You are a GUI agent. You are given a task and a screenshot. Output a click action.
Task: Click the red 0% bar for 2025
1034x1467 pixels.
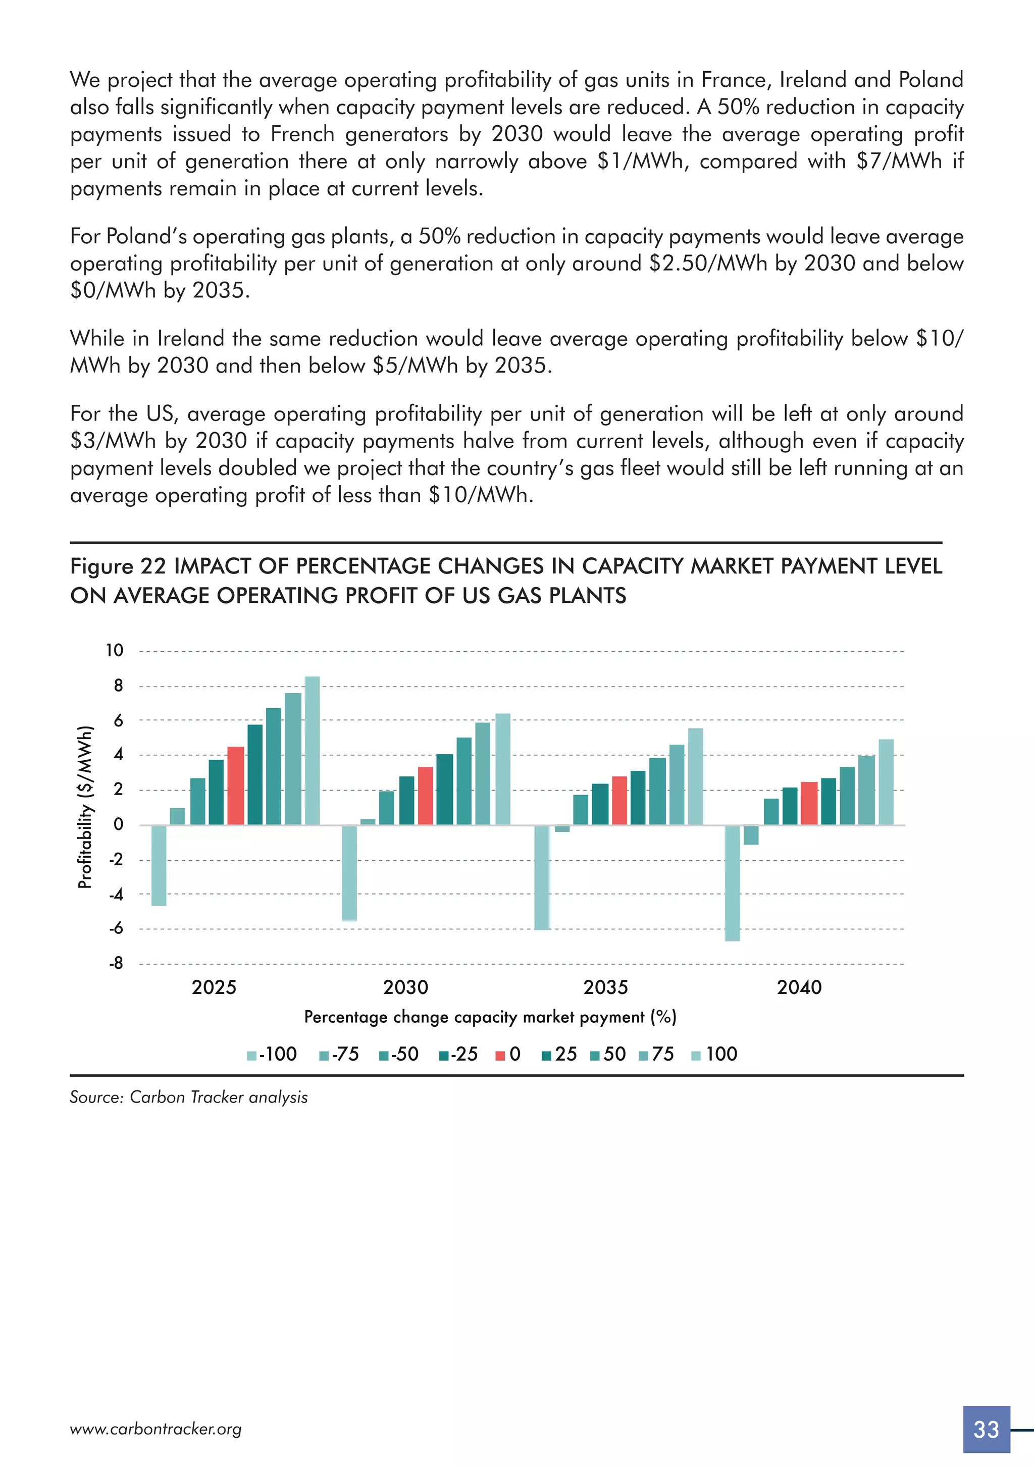click(x=235, y=785)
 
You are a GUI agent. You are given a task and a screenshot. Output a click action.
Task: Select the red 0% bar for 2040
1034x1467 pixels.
click(x=808, y=803)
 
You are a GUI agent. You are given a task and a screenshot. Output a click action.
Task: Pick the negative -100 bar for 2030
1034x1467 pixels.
click(x=349, y=872)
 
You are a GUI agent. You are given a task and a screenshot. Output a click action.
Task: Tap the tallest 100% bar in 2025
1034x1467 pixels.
click(x=312, y=750)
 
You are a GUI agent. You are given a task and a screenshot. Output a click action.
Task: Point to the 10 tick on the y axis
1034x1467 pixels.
click(x=115, y=650)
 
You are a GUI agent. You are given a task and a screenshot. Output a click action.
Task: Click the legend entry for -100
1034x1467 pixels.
click(x=272, y=1054)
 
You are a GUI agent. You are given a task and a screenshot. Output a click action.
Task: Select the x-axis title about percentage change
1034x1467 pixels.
click(x=490, y=1017)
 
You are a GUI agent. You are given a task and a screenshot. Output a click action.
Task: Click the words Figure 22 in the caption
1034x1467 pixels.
click(x=118, y=566)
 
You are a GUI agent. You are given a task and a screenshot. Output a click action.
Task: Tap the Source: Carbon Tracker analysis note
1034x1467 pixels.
click(x=188, y=1097)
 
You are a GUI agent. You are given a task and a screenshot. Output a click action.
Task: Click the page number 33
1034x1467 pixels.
click(x=986, y=1429)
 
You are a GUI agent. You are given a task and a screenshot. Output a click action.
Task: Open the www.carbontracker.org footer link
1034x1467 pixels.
click(x=156, y=1429)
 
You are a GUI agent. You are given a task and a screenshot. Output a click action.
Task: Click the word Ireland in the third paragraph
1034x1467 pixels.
click(x=191, y=338)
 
